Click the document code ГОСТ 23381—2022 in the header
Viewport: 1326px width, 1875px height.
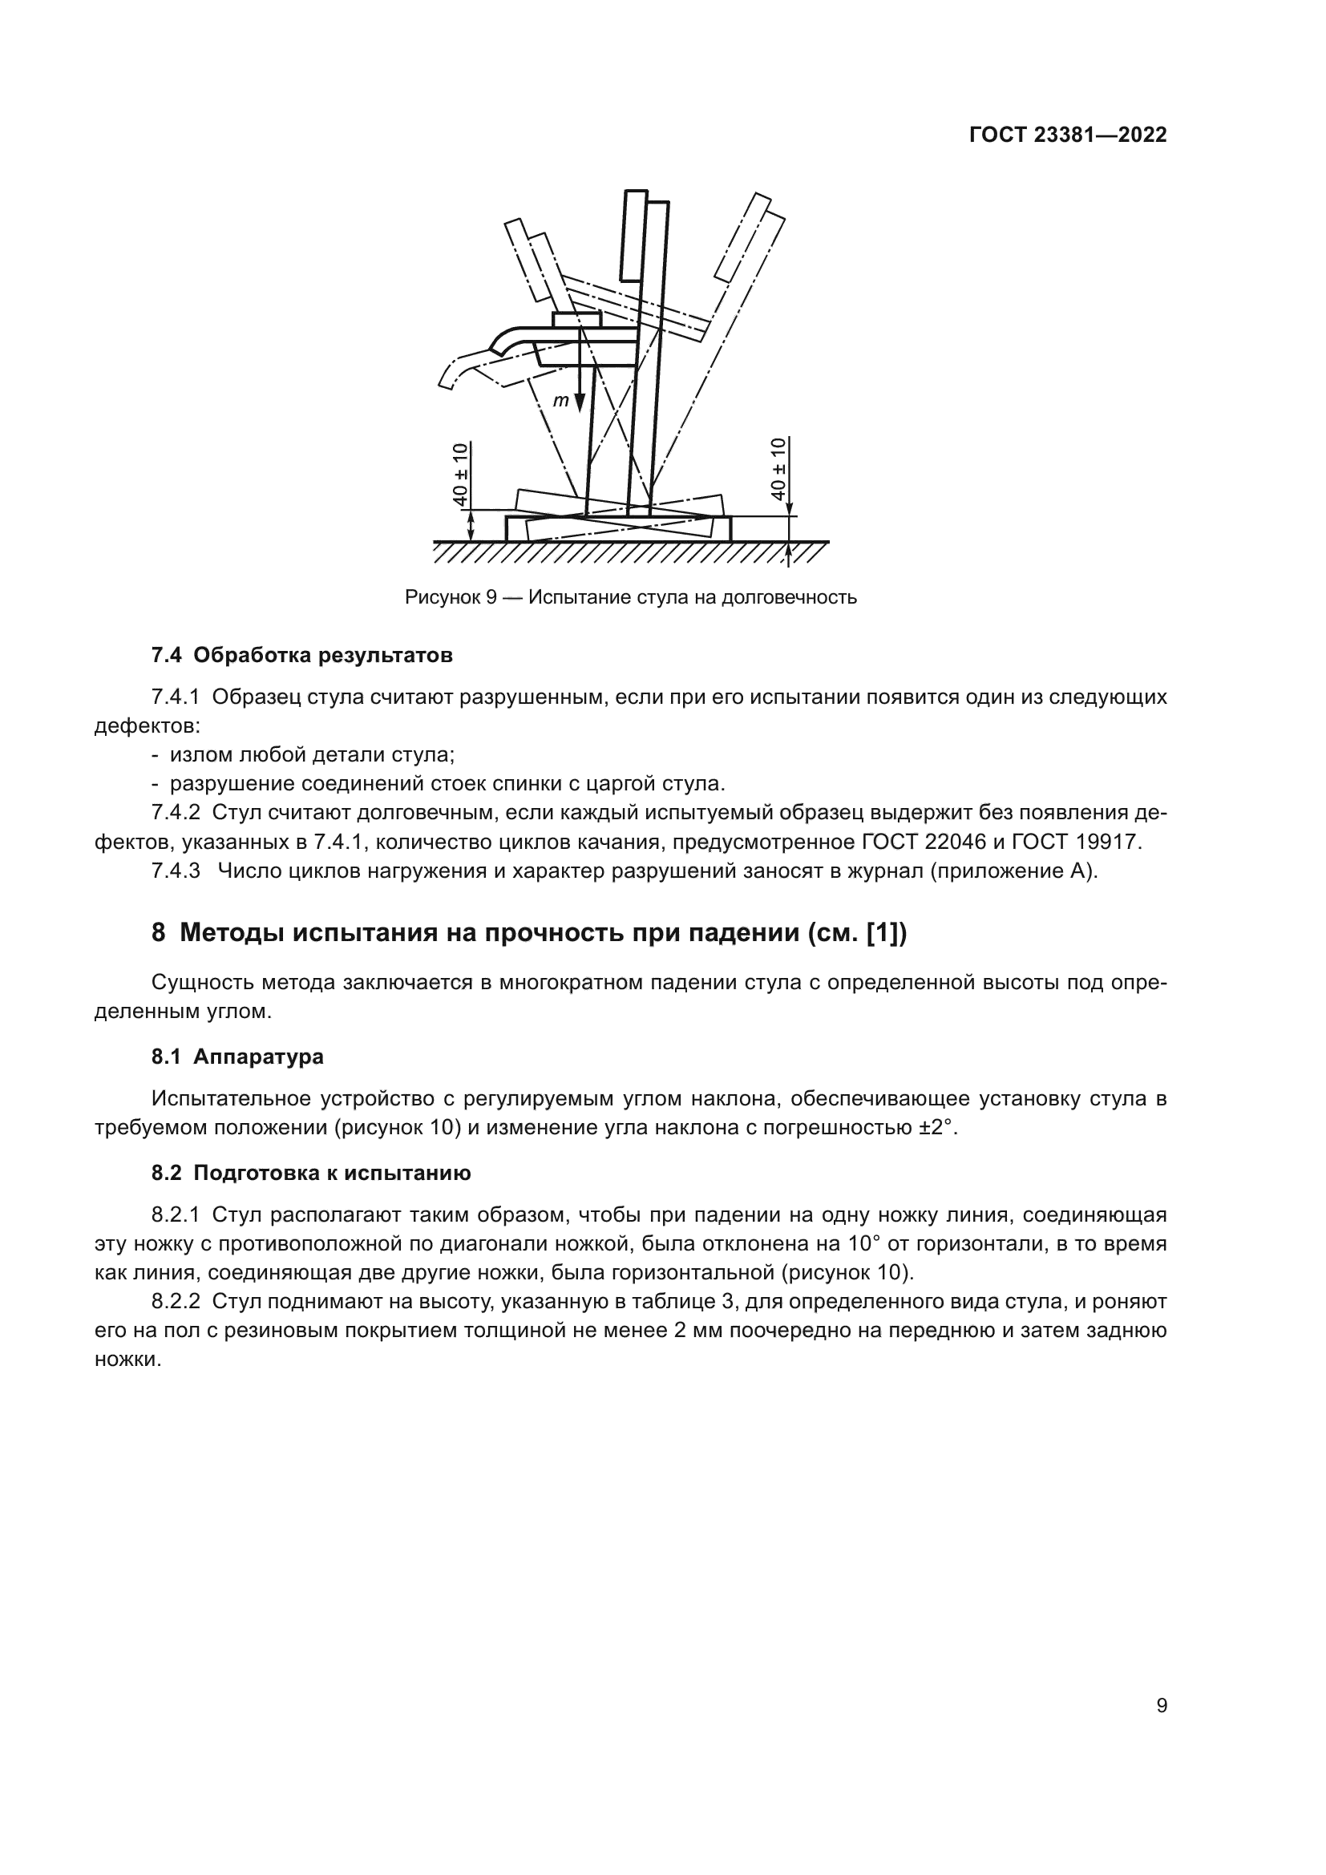(1067, 135)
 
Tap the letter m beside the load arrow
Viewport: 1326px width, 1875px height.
(560, 401)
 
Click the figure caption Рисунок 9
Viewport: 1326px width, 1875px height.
(451, 598)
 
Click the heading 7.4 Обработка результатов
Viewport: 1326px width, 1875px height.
(302, 655)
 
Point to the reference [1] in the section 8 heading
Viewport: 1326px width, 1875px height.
(879, 933)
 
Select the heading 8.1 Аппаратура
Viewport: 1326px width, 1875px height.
(237, 1057)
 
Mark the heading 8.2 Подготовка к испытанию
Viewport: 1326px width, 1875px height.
(311, 1174)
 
